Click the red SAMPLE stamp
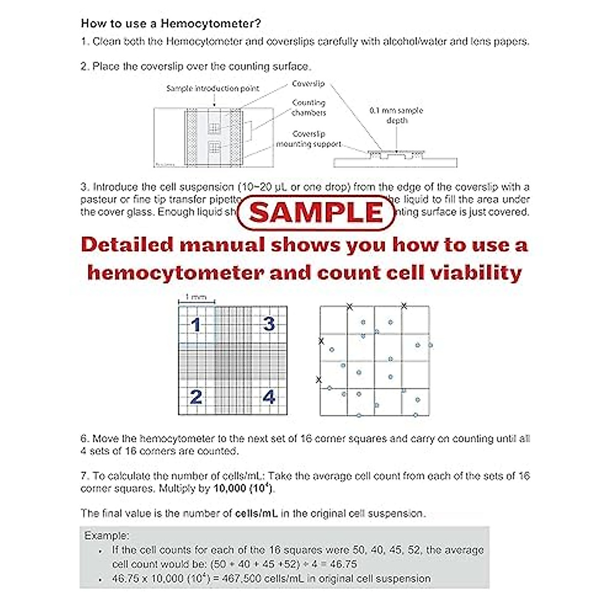[317, 212]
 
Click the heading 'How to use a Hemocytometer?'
[171, 23]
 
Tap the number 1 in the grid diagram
[196, 325]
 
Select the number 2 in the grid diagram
[196, 397]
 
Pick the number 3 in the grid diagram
[269, 324]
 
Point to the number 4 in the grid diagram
[269, 397]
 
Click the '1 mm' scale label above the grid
[196, 297]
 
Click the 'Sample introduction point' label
[213, 88]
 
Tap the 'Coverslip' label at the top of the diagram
[308, 84]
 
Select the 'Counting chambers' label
[309, 108]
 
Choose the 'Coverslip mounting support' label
[309, 139]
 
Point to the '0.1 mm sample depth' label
[396, 115]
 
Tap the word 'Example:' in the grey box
[107, 536]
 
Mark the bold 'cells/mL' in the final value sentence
[256, 513]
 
